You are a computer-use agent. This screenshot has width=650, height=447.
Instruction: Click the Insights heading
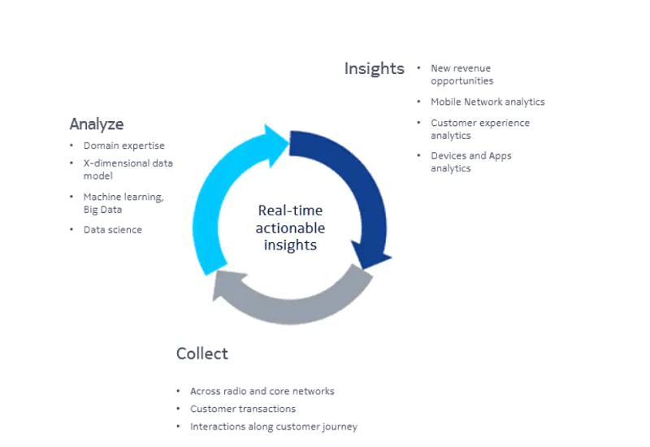[374, 69]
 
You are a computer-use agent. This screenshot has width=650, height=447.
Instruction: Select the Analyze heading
[97, 124]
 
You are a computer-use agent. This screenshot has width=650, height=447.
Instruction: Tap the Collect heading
[201, 354]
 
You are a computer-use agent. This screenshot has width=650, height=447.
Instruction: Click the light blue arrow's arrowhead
[275, 145]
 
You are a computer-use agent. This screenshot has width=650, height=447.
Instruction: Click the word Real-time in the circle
[290, 210]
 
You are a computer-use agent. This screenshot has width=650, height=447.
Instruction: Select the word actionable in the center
[290, 228]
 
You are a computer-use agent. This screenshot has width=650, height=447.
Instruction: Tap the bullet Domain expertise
[124, 145]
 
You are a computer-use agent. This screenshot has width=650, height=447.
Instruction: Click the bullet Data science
[113, 230]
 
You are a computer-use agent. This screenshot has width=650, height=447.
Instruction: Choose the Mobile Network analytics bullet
[487, 102]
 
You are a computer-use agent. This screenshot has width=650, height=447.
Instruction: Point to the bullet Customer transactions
[243, 409]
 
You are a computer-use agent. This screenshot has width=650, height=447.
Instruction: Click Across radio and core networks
[262, 391]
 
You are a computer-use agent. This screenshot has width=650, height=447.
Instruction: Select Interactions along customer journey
[274, 427]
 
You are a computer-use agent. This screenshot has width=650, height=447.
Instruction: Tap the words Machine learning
[123, 197]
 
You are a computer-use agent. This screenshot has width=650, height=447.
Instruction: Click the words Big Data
[103, 210]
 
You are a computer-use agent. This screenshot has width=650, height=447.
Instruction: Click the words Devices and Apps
[471, 156]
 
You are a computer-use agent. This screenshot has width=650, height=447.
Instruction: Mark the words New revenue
[461, 68]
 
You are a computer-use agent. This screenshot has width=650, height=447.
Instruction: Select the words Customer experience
[480, 124]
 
